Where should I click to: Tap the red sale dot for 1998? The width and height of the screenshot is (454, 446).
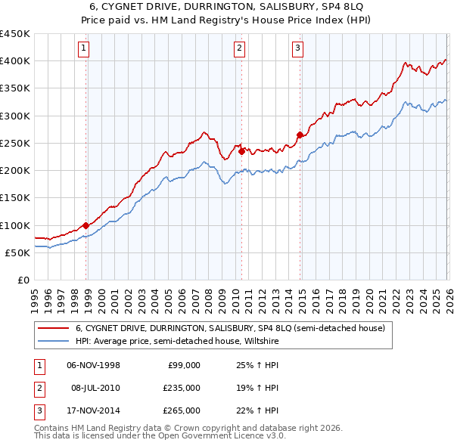86,225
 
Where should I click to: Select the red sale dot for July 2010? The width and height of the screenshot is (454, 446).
241,151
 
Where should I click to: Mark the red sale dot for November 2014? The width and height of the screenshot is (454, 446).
300,135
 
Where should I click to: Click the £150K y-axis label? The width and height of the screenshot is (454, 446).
15,198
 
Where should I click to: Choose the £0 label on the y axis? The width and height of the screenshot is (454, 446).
23,280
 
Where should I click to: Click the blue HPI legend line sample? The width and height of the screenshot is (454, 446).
53,340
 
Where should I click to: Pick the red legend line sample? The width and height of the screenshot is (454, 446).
53,328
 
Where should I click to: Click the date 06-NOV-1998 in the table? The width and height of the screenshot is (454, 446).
94,365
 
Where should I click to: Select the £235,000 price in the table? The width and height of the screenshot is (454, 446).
182,388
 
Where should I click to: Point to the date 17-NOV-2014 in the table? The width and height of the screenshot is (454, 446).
94,410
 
